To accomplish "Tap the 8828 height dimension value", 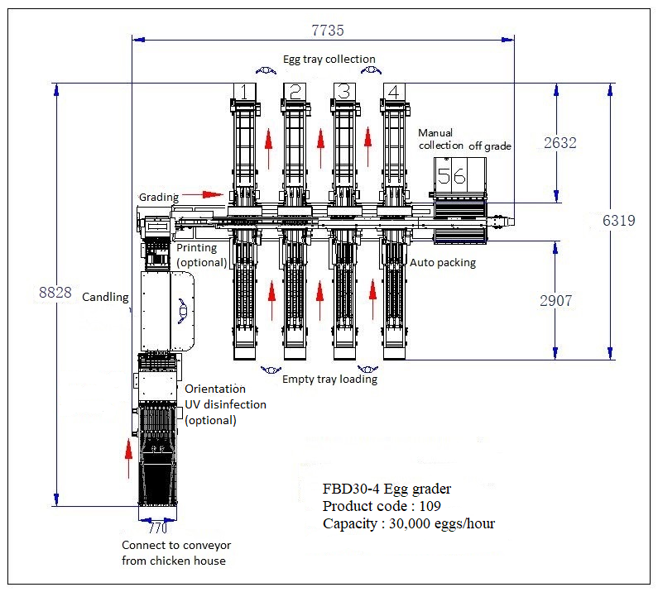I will (55, 292).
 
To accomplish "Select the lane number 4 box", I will (394, 92).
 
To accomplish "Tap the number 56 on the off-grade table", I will (452, 175).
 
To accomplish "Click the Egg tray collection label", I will (329, 60).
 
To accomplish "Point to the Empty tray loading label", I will (329, 380).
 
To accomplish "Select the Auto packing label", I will (443, 263).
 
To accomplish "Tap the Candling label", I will (105, 297).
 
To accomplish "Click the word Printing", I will (197, 247).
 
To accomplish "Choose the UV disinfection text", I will (225, 404).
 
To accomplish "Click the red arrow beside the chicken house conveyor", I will (128, 459).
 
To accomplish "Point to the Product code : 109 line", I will (382, 506).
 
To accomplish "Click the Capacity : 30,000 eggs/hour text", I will (409, 523).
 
